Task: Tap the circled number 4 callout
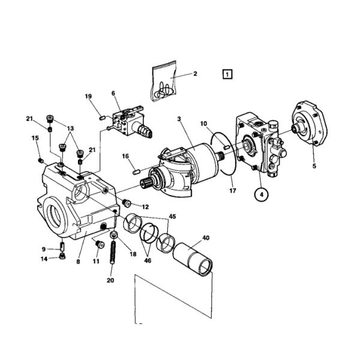coord(260,194)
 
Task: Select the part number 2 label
coord(195,74)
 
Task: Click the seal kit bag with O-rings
coord(163,84)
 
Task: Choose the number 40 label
coord(205,238)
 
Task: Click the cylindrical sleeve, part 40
coord(193,260)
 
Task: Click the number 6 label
coord(113,93)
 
